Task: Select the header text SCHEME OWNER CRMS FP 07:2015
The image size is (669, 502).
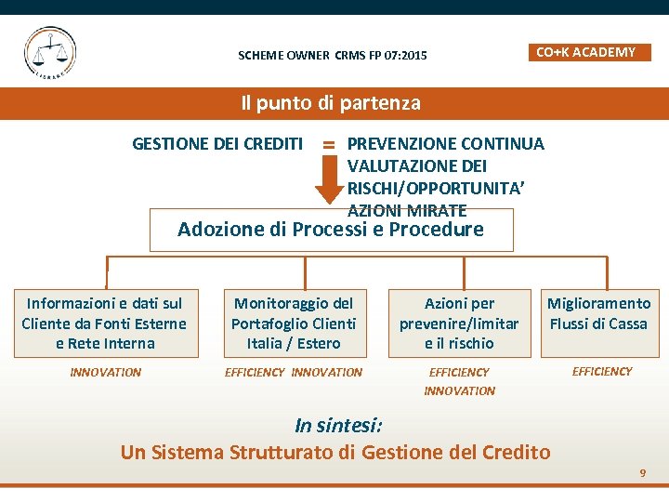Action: [x=333, y=56]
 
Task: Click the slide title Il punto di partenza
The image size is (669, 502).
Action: [x=331, y=103]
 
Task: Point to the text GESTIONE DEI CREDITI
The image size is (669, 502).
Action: [x=217, y=143]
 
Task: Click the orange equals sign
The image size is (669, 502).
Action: [x=329, y=144]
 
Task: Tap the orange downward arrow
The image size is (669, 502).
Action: [x=328, y=182]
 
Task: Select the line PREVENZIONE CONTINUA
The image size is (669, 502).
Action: [x=445, y=143]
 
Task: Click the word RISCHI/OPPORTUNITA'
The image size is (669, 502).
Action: [x=436, y=188]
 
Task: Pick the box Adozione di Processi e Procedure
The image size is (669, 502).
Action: [x=331, y=230]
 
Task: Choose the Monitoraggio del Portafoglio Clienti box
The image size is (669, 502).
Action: [x=294, y=323]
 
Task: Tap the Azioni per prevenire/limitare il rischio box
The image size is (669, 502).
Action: [x=459, y=323]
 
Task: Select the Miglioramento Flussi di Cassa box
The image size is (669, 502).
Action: [x=598, y=314]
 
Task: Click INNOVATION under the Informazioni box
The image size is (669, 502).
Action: [x=106, y=373]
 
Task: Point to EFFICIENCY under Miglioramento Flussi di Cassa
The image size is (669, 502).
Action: [x=602, y=372]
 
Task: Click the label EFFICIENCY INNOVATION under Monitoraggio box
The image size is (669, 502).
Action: [x=294, y=373]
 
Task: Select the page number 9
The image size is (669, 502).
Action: [x=642, y=474]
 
